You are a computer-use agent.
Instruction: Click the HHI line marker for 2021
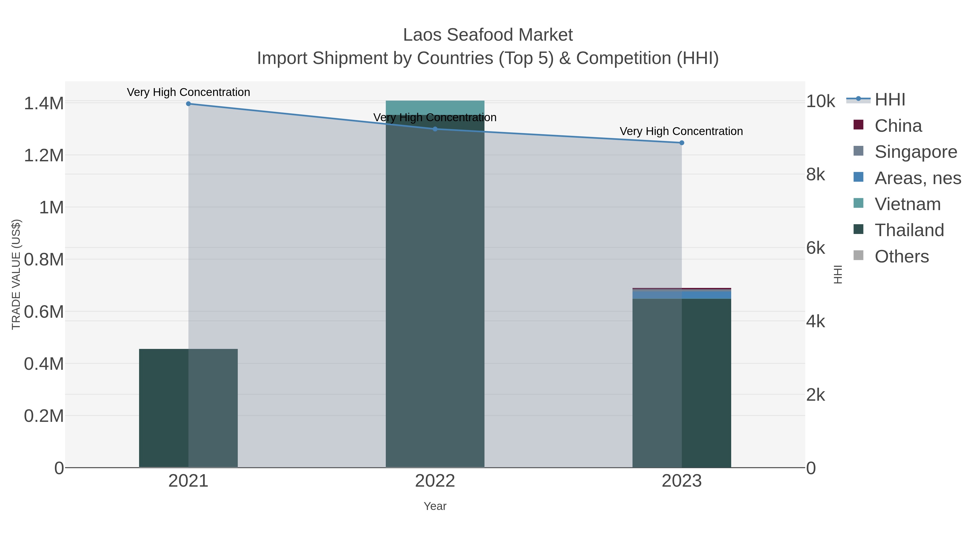[188, 104]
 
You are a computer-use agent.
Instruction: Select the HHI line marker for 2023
[682, 143]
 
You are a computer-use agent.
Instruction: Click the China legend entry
[898, 126]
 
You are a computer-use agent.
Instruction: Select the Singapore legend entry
[915, 152]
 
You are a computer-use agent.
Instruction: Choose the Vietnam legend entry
[907, 204]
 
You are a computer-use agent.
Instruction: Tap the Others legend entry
[901, 256]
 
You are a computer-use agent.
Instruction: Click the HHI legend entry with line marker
[890, 100]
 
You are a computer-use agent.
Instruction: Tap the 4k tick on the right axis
[815, 321]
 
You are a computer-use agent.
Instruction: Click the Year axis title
[435, 506]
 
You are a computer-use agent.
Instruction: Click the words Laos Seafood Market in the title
[488, 35]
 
